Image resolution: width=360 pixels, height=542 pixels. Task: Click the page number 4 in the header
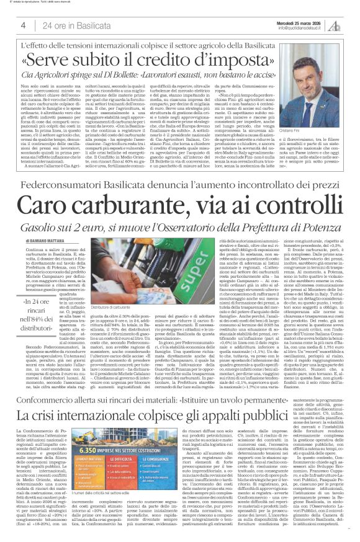coord(22,25)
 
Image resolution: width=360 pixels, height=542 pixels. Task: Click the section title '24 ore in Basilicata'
coord(71,25)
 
